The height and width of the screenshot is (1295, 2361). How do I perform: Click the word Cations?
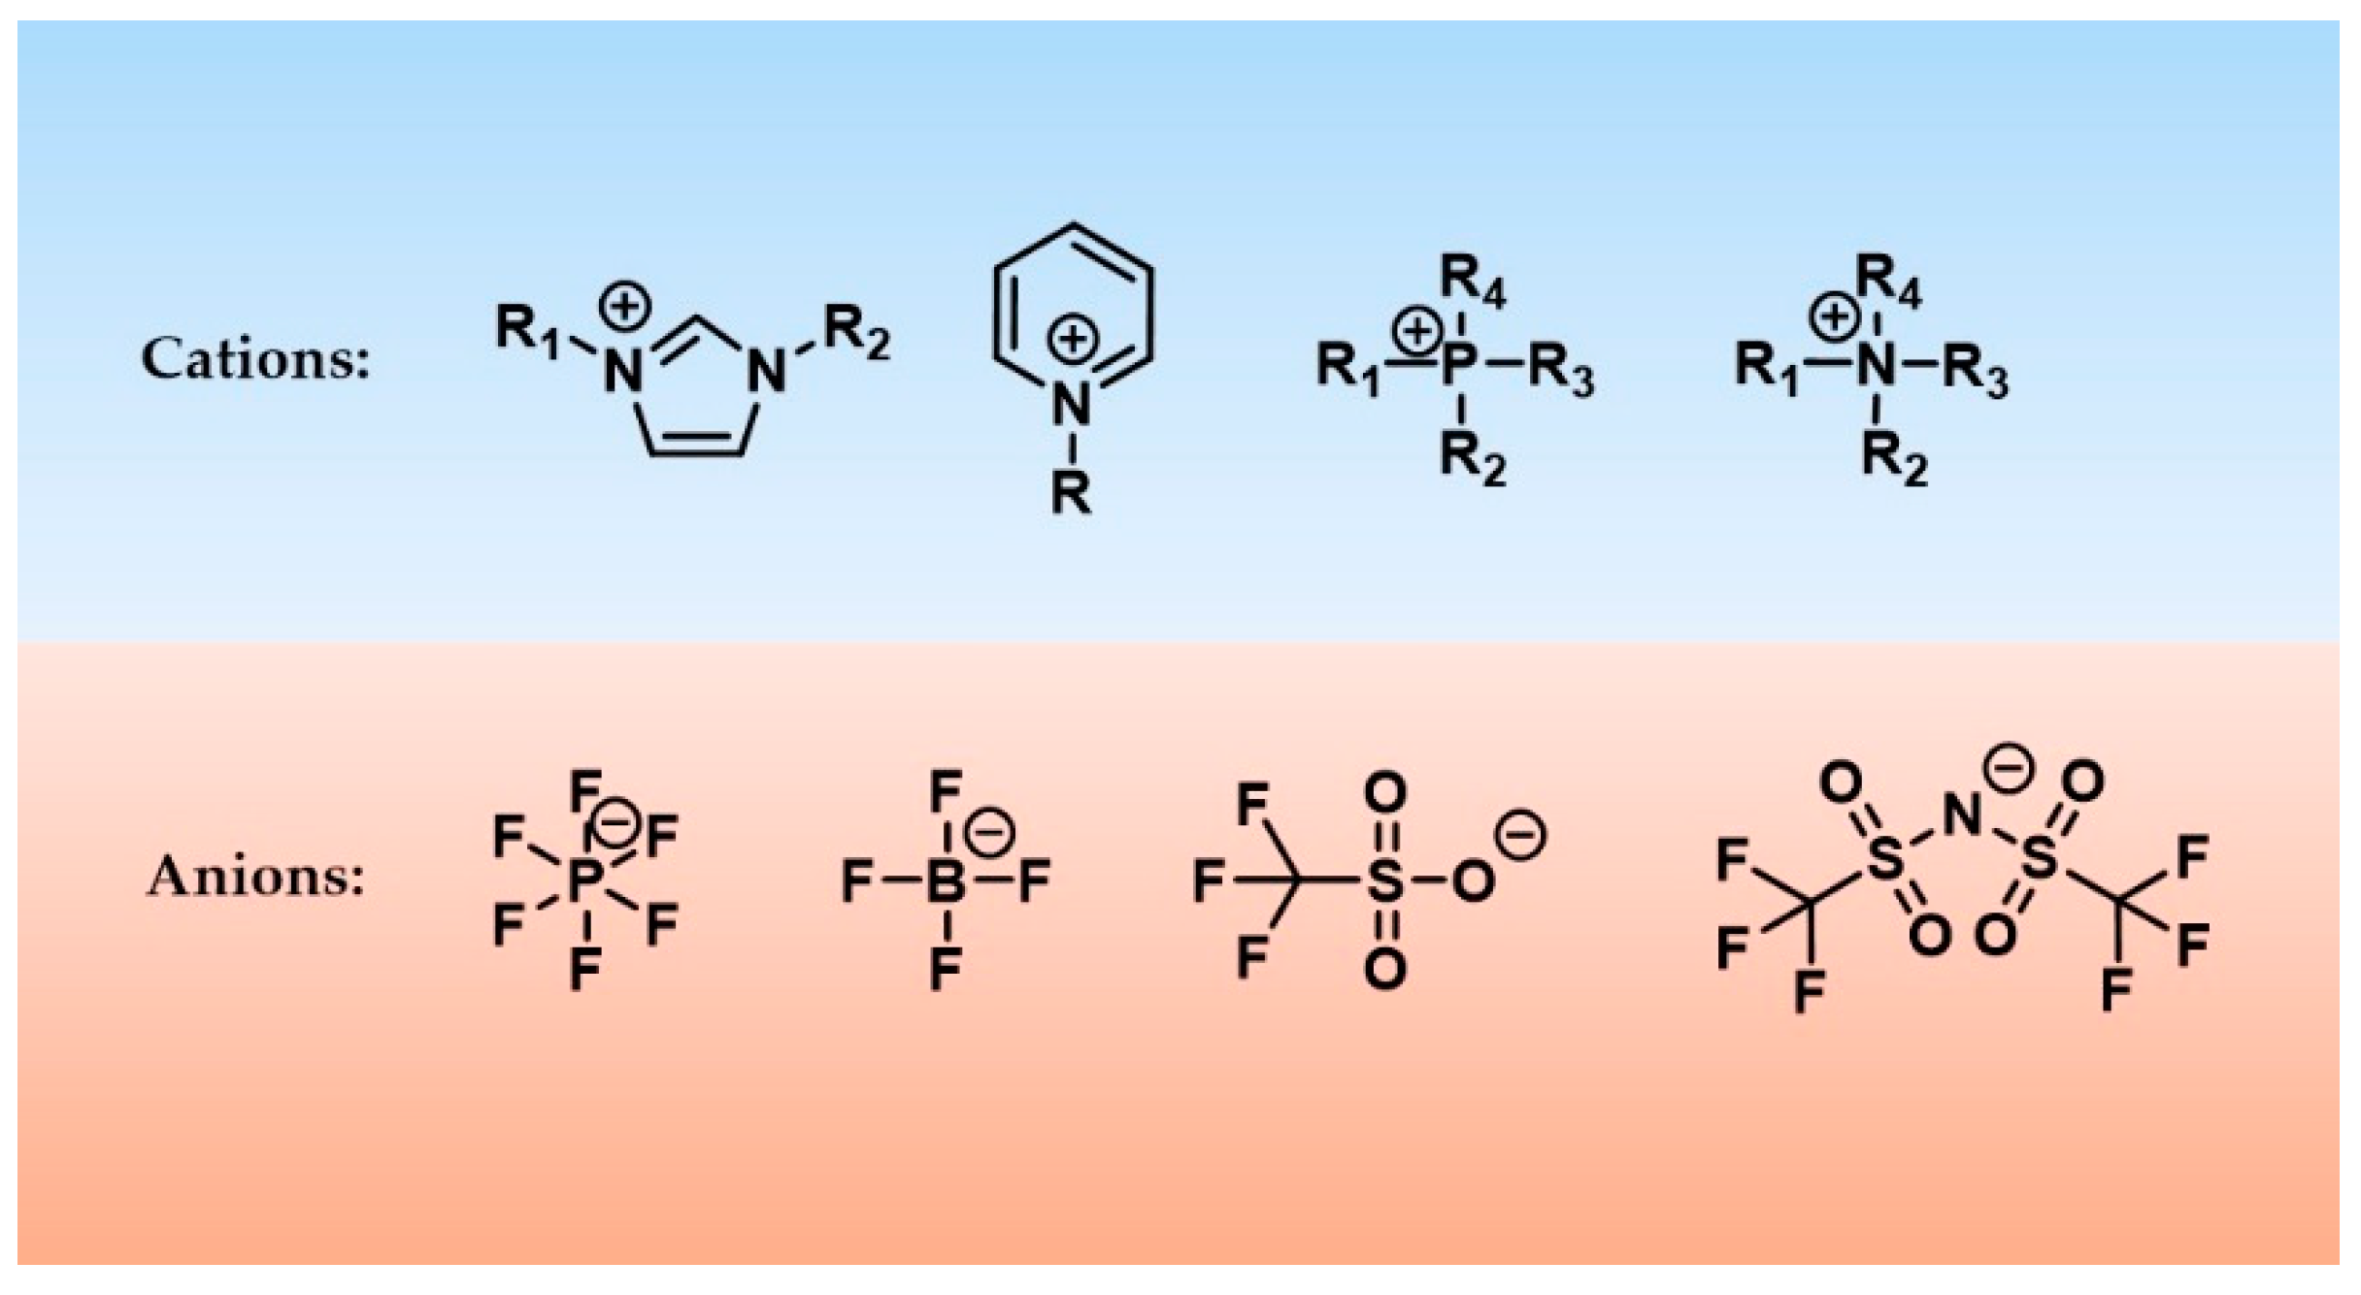pyautogui.click(x=255, y=359)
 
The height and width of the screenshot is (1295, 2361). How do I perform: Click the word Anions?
pyautogui.click(x=255, y=877)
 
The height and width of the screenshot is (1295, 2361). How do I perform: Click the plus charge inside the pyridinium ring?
pyautogui.click(x=1072, y=341)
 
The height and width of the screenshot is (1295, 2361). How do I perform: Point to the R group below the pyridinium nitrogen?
pyautogui.click(x=1071, y=493)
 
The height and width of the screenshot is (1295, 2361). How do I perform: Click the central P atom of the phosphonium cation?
pyautogui.click(x=1459, y=369)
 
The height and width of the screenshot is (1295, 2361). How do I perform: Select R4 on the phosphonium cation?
pyautogui.click(x=1472, y=281)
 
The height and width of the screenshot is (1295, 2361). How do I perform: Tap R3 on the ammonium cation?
pyautogui.click(x=1975, y=372)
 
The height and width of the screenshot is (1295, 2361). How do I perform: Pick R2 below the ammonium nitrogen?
pyautogui.click(x=1893, y=457)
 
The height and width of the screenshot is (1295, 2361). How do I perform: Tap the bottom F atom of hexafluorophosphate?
pyautogui.click(x=584, y=969)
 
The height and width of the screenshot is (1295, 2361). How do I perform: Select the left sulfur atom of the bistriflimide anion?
pyautogui.click(x=1885, y=858)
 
